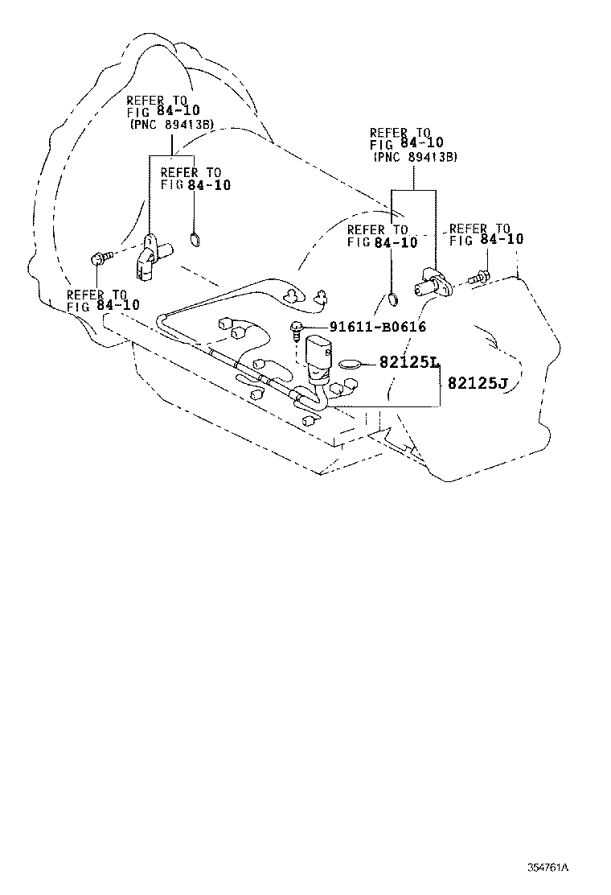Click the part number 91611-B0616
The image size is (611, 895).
point(377,327)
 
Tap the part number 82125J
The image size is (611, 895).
point(478,383)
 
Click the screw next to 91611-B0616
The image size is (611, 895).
point(297,328)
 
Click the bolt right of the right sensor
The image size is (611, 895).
point(476,277)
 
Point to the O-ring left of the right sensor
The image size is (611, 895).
point(391,300)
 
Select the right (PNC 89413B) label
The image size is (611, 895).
point(415,157)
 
